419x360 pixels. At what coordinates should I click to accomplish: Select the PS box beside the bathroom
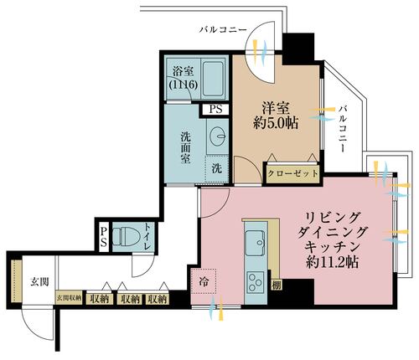pyautogui.click(x=215, y=109)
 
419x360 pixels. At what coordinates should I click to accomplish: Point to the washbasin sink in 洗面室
pyautogui.click(x=220, y=135)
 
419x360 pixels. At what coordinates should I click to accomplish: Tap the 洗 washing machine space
pyautogui.click(x=216, y=167)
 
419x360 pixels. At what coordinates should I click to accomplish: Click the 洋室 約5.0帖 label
pyautogui.click(x=275, y=115)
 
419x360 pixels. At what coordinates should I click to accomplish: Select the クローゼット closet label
pyautogui.click(x=292, y=173)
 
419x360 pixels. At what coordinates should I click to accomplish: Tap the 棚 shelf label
pyautogui.click(x=276, y=285)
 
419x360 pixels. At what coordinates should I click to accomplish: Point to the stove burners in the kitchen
pyautogui.click(x=254, y=280)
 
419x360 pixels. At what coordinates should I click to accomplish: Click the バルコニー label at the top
pyautogui.click(x=222, y=29)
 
